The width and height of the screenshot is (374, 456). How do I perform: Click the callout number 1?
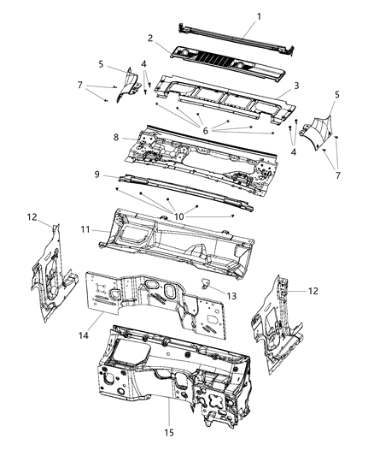[259, 16]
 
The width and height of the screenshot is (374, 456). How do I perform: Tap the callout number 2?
[150, 38]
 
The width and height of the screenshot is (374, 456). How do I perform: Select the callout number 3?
[295, 86]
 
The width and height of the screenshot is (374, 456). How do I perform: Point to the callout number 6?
[206, 129]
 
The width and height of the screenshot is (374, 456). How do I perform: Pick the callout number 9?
[99, 174]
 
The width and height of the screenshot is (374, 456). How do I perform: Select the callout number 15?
[168, 433]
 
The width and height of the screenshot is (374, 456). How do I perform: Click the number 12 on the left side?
[32, 217]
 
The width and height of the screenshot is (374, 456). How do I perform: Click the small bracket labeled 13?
[207, 285]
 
